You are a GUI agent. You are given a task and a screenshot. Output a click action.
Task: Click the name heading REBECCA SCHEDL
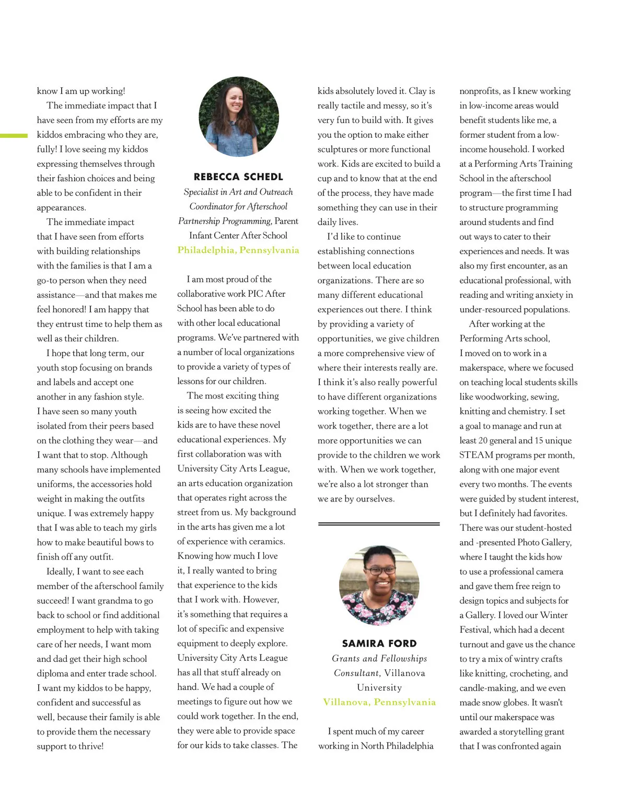coord(238,177)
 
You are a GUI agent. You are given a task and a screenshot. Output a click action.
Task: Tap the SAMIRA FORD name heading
coord(379,644)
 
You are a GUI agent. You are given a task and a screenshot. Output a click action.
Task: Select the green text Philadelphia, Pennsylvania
coord(238,250)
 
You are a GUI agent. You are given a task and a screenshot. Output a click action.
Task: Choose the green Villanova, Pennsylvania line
coord(379,702)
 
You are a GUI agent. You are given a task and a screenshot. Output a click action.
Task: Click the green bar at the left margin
coord(14,136)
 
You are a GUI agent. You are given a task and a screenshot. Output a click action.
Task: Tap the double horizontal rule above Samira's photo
coord(379,523)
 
